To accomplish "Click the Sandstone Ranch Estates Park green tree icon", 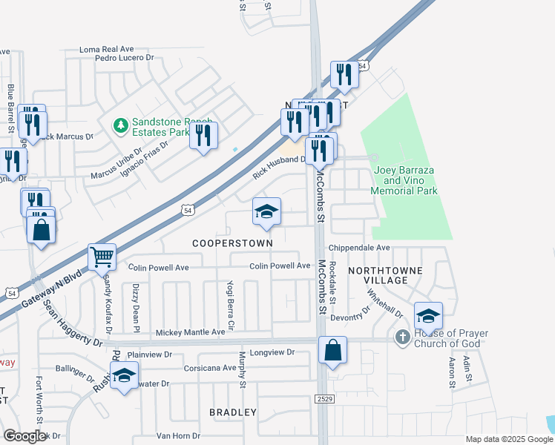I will [120, 127].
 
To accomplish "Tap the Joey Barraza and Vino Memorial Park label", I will [405, 180].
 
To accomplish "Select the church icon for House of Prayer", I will [402, 337].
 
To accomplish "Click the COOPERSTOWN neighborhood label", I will [232, 243].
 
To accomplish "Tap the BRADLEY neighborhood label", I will [233, 412].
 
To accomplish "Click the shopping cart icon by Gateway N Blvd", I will [102, 257].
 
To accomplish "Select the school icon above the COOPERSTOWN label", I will [266, 212].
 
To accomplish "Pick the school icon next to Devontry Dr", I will [428, 316].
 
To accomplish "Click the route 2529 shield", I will [323, 399].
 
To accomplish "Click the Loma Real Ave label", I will [110, 50].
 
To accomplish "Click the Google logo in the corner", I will [24, 436].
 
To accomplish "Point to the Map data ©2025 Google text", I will [508, 439].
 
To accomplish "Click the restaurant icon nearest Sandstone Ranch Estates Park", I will [203, 135].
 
